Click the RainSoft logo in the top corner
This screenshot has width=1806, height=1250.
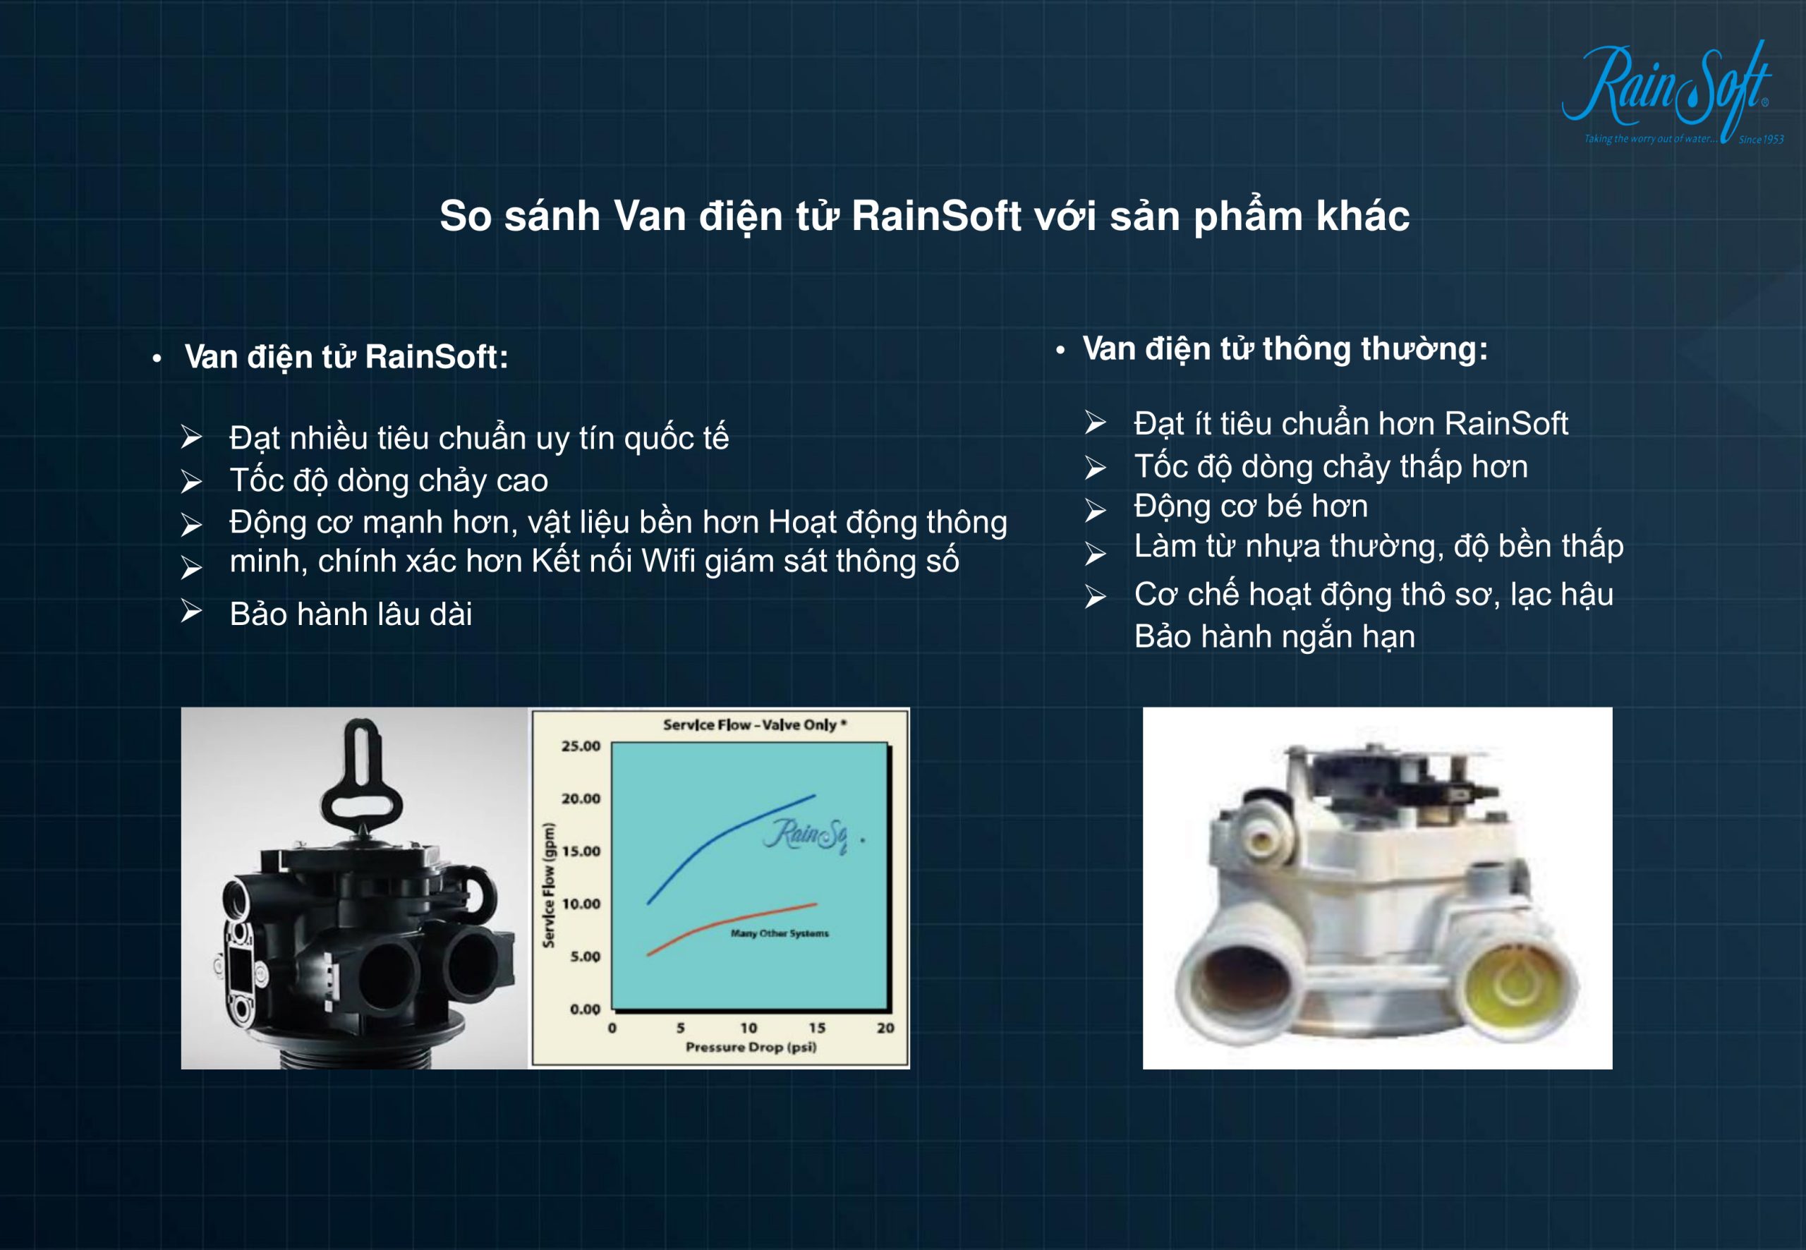[x=1672, y=92]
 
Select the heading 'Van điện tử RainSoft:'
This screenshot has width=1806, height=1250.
[x=346, y=357]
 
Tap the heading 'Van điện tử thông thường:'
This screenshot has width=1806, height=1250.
[x=1285, y=349]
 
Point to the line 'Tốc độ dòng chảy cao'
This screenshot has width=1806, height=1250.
[x=389, y=480]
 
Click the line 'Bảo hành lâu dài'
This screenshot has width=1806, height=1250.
[x=351, y=614]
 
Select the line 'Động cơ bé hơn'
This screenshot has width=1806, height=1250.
[x=1251, y=506]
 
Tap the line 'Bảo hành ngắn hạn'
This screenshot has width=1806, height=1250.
[x=1274, y=637]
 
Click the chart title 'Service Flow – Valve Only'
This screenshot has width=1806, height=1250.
[x=754, y=724]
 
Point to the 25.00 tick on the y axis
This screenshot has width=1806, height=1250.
[x=581, y=746]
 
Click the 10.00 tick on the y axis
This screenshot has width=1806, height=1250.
[x=581, y=904]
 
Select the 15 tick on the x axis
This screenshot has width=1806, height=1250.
[x=817, y=1028]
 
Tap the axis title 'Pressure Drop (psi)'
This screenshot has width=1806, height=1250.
[x=751, y=1047]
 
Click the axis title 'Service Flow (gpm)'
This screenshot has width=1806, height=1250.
[x=549, y=885]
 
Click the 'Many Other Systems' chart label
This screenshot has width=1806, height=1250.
[x=780, y=933]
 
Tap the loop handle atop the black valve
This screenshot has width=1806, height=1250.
[x=361, y=780]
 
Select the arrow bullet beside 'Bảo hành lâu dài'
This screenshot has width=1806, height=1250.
[x=191, y=611]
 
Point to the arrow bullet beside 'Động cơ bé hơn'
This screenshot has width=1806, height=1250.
[x=1095, y=511]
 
